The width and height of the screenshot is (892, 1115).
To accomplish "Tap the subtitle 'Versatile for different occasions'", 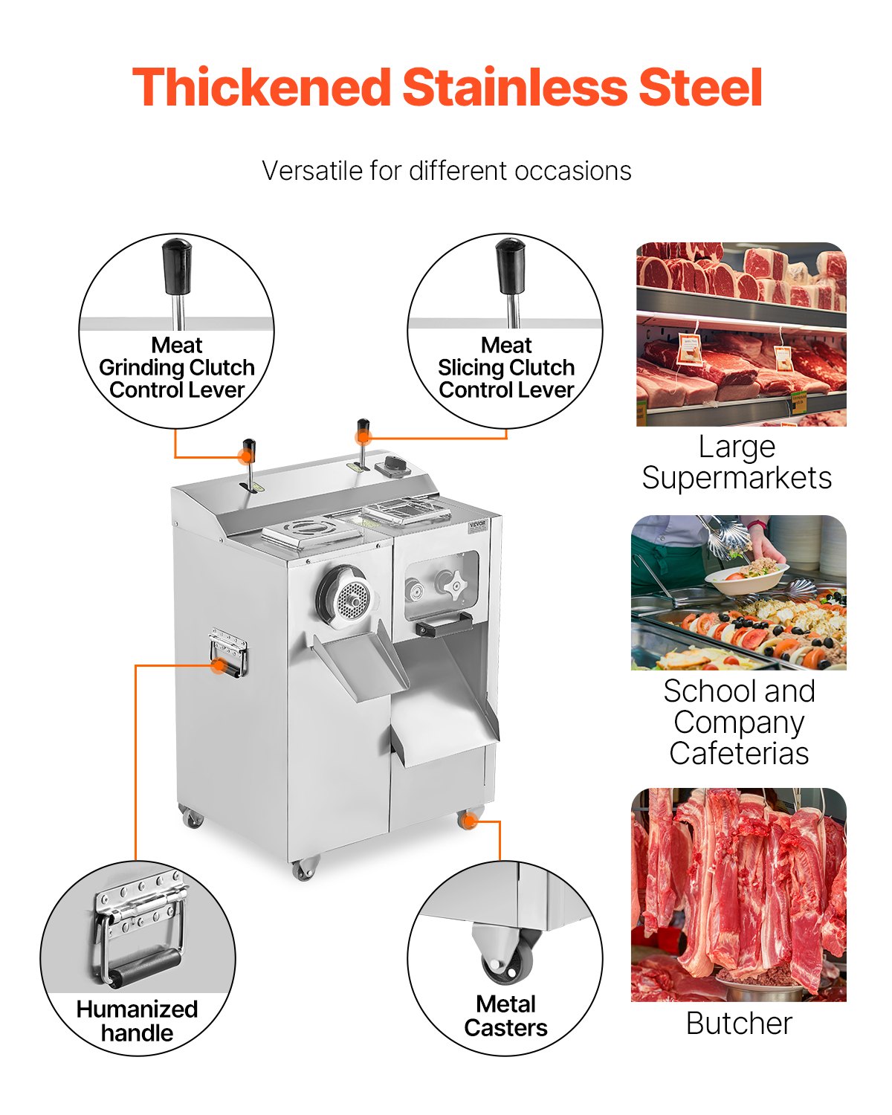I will pos(446,171).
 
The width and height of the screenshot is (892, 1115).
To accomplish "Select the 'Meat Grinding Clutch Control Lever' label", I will pos(177,368).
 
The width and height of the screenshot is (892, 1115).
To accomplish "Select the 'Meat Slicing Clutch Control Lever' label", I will pos(506,368).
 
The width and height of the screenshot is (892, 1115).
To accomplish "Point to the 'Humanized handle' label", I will pos(137,1021).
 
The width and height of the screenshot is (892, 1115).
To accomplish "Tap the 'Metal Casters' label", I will pos(505,1016).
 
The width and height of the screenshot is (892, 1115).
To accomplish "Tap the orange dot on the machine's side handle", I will pos(218,666).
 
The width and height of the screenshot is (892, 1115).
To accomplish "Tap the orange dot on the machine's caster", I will pos(468,821).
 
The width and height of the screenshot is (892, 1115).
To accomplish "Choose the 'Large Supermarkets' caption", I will pos(737,462).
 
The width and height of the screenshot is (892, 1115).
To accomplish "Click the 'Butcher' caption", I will pos(739,1024).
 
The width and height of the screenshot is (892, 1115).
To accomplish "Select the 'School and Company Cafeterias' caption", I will pos(739,722).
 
